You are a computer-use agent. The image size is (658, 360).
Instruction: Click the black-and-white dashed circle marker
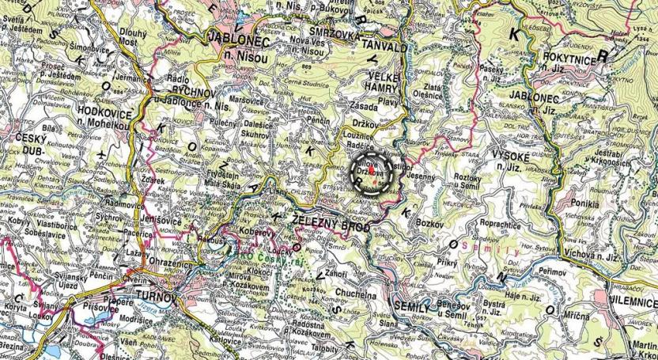[371, 172]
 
